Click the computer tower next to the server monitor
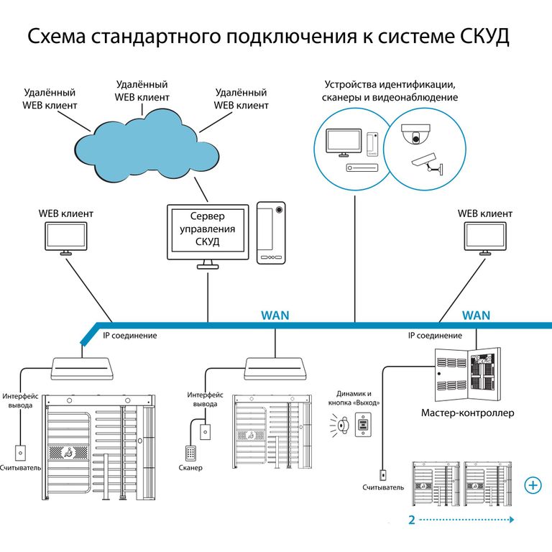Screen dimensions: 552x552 (271, 232)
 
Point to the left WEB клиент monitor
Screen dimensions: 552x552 (65, 238)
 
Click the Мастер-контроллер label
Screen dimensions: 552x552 (467, 413)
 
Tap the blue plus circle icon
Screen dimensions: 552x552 (533, 485)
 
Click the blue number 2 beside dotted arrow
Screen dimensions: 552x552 (411, 520)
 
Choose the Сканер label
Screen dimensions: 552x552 (190, 468)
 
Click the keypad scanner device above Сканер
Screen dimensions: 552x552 (190, 454)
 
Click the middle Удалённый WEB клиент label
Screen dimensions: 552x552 (142, 91)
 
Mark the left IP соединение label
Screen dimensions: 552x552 (130, 335)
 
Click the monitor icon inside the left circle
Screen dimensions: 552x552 (344, 142)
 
